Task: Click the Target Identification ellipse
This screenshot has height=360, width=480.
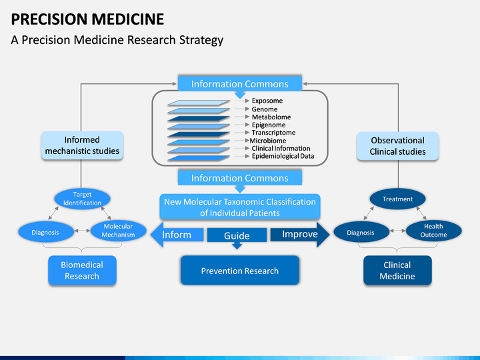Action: [83, 199]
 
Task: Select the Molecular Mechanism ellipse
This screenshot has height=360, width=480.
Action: [118, 231]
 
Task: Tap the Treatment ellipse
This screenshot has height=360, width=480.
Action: [397, 199]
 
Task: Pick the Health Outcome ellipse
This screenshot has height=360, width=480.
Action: [433, 231]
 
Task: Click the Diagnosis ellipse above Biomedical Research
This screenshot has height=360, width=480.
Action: [46, 232]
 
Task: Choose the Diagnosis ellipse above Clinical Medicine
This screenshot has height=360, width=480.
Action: [361, 232]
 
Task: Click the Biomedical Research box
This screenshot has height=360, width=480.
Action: [82, 270]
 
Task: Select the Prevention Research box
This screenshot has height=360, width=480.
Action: [240, 270]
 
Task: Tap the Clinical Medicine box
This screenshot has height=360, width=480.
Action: [397, 270]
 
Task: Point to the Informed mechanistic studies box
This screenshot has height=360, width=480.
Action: [82, 145]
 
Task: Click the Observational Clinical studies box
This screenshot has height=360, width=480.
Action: [397, 146]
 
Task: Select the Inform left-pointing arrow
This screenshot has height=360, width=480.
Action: [177, 235]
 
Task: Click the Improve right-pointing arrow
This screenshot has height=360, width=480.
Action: [300, 235]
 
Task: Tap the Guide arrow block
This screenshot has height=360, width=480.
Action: [237, 236]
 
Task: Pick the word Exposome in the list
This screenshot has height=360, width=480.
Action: [267, 101]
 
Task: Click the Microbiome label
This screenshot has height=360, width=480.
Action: [268, 141]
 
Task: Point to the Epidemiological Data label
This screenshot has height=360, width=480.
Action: [283, 156]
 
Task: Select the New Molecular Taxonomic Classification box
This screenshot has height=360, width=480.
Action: [240, 207]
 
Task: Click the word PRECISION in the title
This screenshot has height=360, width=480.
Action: [49, 19]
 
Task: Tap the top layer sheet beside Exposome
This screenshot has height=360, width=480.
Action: [199, 103]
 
